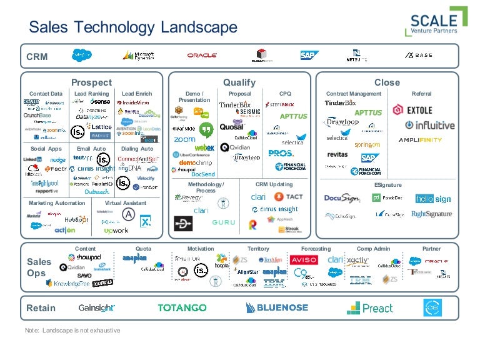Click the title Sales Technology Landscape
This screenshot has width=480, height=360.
pos(134,27)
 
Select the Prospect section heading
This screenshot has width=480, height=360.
pos(91,82)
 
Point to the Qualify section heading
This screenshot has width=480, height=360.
pos(239,82)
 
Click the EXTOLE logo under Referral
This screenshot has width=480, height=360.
pos(412,111)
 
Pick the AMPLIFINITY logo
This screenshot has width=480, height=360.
pos(420,140)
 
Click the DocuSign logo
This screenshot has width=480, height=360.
pos(342,198)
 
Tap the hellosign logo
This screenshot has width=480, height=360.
pos(433,199)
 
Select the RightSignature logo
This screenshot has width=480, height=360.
pos(431,214)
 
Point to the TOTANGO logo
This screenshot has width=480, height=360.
pos(182,307)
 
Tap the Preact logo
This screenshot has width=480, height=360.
pos(370,307)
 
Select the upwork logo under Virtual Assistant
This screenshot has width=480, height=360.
pos(116,231)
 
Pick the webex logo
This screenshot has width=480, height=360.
pos(205,147)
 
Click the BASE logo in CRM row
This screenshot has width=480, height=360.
pos(418,55)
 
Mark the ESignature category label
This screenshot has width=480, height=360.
pos(387,185)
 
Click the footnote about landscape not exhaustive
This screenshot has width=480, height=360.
pos(72,330)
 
